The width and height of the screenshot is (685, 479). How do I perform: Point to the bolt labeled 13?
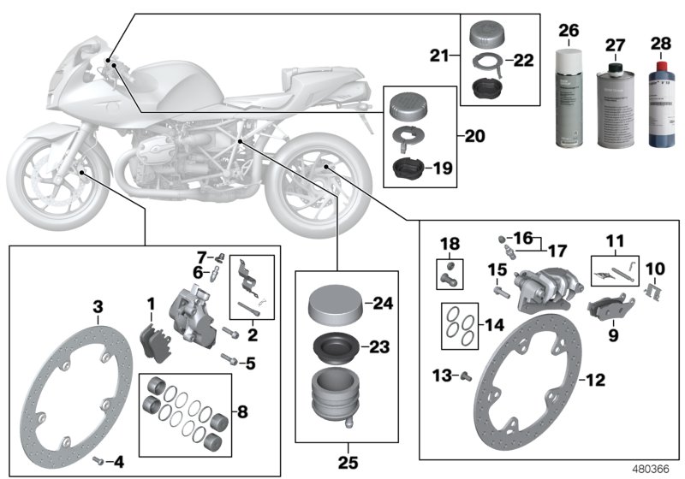pos(467,376)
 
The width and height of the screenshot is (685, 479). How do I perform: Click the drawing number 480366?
pos(652,470)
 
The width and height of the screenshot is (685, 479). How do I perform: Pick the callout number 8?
pos(242,411)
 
